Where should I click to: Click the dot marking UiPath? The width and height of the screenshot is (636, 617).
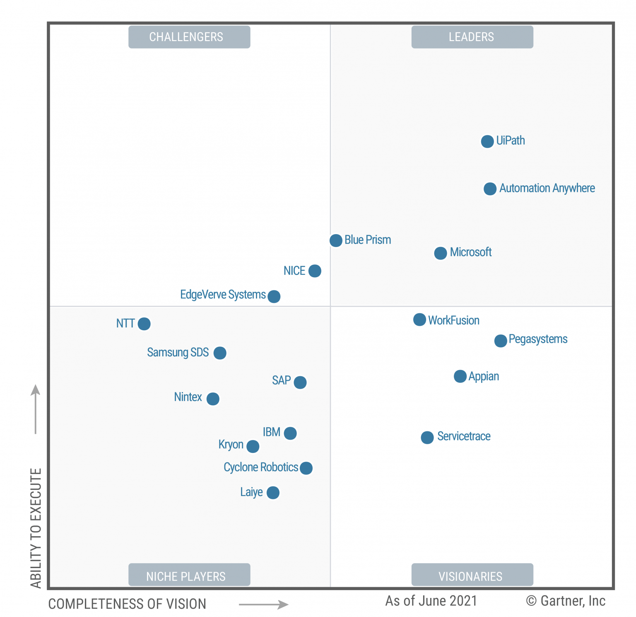click(x=487, y=141)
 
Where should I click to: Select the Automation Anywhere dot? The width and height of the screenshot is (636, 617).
click(x=490, y=189)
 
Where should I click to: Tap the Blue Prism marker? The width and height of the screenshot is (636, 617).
click(x=336, y=240)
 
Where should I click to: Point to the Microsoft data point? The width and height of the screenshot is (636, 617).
click(x=441, y=253)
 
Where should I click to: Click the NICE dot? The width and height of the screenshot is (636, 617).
click(x=315, y=271)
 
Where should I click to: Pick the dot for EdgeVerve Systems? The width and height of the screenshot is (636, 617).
click(x=274, y=296)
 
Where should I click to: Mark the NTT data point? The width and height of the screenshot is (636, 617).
click(x=144, y=324)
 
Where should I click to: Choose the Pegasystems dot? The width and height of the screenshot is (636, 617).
click(x=501, y=341)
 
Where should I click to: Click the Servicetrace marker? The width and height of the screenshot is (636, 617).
click(x=427, y=437)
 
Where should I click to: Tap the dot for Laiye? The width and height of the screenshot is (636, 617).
click(x=273, y=493)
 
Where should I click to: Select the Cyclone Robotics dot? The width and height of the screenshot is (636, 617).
click(x=306, y=468)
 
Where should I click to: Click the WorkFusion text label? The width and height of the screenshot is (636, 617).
click(x=454, y=320)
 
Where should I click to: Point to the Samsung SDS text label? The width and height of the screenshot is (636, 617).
click(x=178, y=352)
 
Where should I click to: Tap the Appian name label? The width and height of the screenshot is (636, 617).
click(x=484, y=376)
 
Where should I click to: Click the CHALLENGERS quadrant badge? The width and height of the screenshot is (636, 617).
click(x=189, y=37)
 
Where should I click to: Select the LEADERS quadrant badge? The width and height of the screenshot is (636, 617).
click(x=472, y=37)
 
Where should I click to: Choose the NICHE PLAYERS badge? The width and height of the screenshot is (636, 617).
click(x=189, y=575)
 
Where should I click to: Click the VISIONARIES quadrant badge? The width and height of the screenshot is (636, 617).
click(x=472, y=575)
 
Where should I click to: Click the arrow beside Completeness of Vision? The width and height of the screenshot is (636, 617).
click(x=264, y=605)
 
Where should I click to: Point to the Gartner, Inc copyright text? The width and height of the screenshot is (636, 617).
click(x=566, y=601)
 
